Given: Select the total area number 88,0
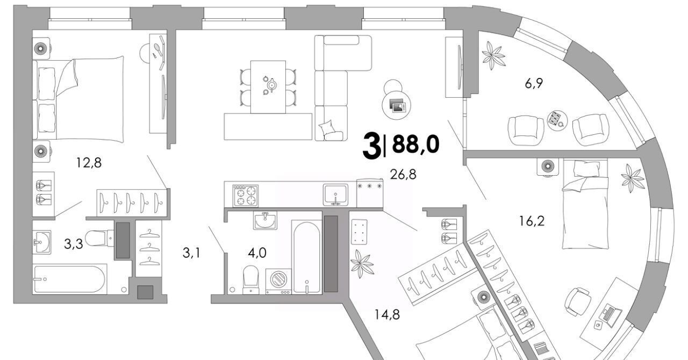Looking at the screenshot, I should pos(415,145).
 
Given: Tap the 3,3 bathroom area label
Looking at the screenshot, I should pos(73,245).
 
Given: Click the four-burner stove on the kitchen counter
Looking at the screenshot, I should pos(245,195).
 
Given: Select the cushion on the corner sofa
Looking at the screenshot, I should pos(327,128).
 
